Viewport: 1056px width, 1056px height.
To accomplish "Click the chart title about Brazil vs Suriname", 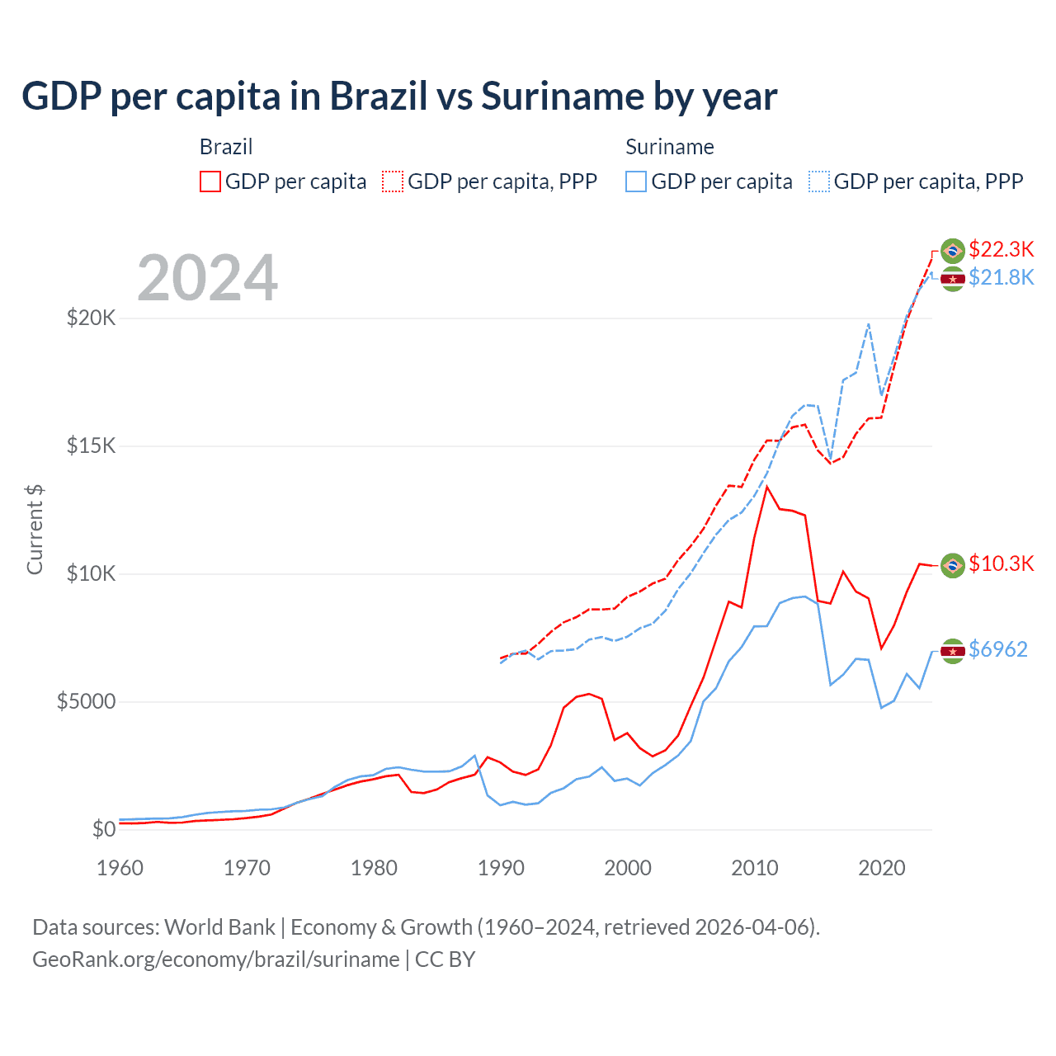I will click(399, 97).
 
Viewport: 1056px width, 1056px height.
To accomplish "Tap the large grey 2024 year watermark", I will click(208, 278).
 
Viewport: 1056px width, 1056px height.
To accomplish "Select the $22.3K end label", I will click(1001, 249).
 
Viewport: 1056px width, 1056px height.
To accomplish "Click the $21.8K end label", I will click(1001, 277).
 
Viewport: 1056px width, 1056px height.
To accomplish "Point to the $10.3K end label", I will click(1001, 563).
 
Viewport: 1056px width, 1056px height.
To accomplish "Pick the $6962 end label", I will click(997, 649).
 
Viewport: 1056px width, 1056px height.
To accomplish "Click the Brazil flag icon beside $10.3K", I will click(953, 565).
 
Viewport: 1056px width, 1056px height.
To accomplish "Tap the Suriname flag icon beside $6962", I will click(953, 651).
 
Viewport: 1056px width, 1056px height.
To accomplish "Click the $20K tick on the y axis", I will click(91, 318).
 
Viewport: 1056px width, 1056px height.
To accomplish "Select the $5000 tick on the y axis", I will click(86, 701).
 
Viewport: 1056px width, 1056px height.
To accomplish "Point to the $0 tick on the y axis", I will click(103, 829).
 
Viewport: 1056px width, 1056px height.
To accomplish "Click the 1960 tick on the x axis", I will click(120, 868).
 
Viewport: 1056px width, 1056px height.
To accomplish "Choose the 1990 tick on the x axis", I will click(501, 868).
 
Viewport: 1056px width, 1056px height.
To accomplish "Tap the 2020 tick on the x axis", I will click(882, 868).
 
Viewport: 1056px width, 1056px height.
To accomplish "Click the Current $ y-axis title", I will click(35, 530).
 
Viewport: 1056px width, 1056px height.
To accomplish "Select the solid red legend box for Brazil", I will click(210, 181).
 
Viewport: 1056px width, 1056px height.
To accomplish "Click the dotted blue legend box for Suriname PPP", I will click(819, 181).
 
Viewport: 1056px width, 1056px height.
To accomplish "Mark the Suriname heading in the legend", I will click(669, 147).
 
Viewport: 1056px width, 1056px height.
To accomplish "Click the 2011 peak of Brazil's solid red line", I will click(767, 487).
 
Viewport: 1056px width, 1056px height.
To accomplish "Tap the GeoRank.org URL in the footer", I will click(216, 959).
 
